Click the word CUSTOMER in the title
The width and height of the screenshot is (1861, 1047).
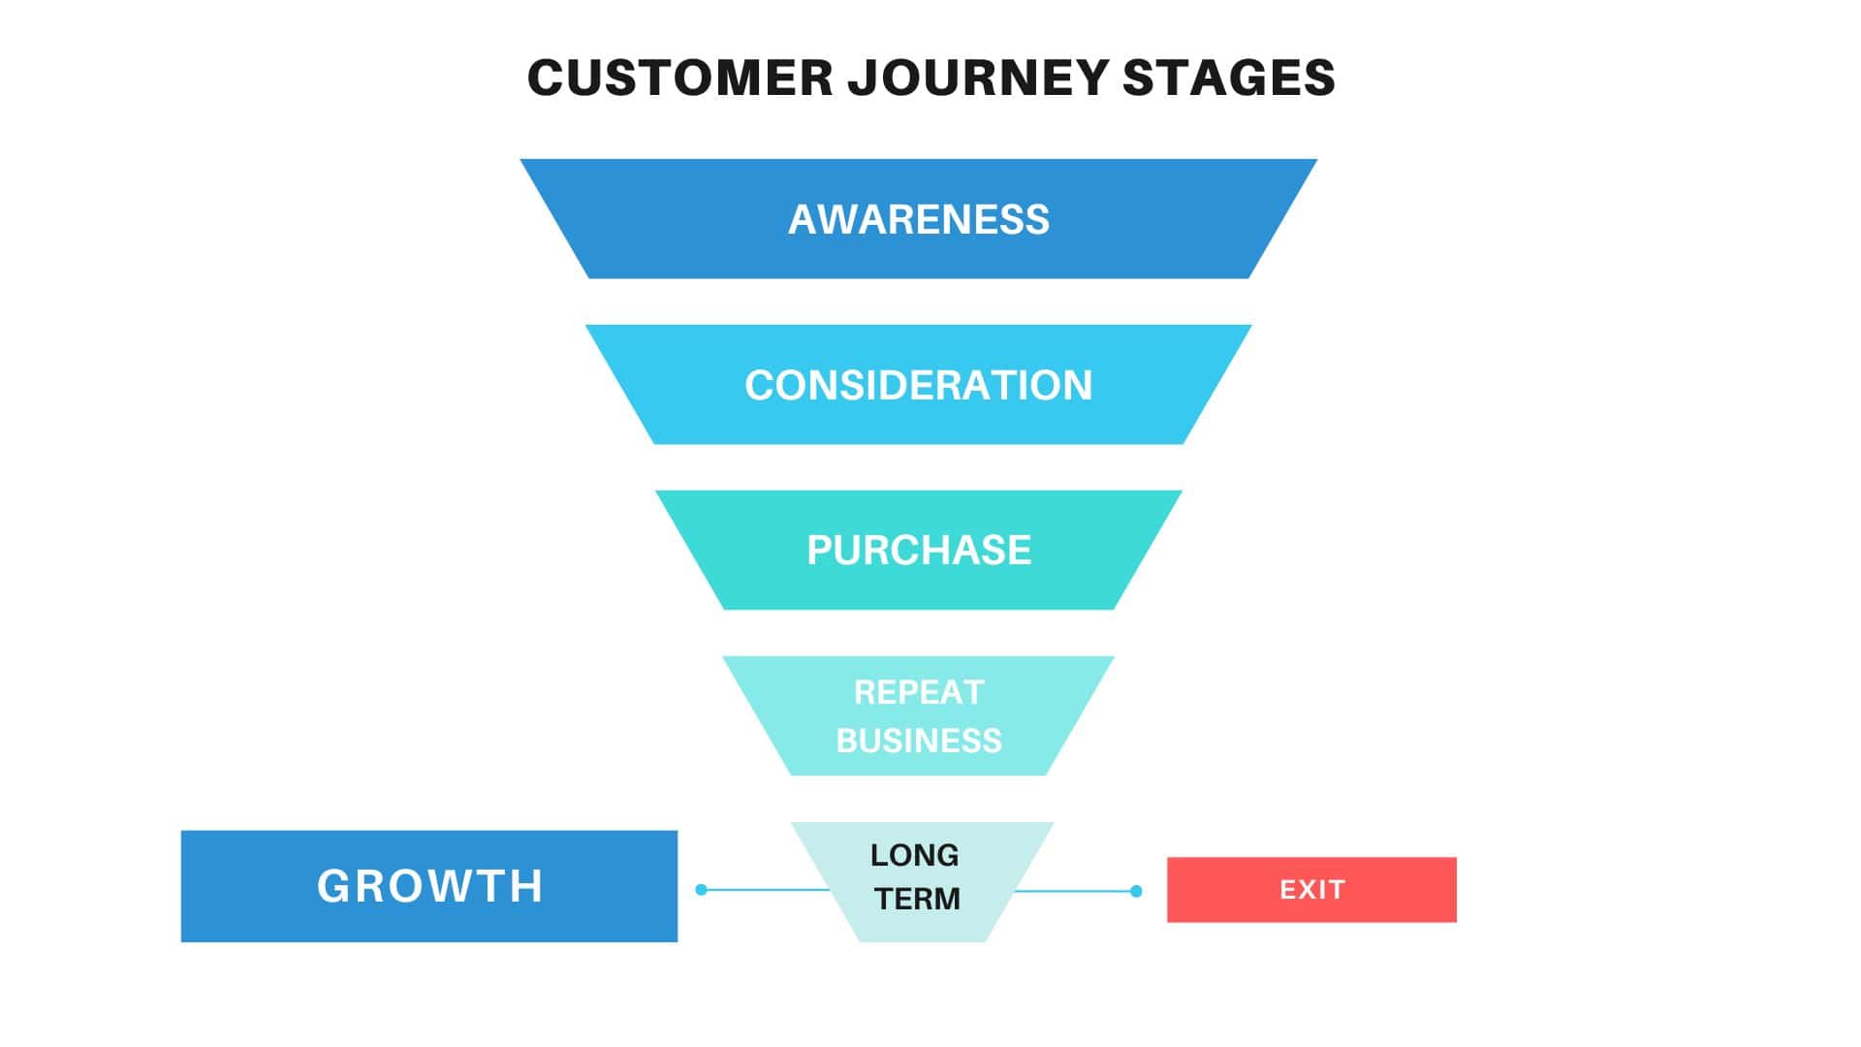coord(679,78)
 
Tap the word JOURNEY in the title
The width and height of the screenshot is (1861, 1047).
coord(978,78)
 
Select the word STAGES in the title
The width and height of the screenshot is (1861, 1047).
coord(1229,78)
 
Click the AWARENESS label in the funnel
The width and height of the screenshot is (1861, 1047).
coord(918,220)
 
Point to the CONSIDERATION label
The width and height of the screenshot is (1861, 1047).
coord(918,386)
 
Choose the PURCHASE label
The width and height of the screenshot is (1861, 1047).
coord(918,551)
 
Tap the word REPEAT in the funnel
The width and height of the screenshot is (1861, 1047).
coord(918,692)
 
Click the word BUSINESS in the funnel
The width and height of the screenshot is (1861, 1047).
coord(918,741)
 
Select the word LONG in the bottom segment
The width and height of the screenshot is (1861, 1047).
coord(914,855)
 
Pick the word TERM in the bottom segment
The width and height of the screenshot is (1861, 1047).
coord(917,899)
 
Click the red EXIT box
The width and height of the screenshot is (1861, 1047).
coord(1311,889)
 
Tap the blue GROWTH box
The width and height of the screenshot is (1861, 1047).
coord(429,886)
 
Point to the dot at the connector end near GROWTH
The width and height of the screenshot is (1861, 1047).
coord(702,889)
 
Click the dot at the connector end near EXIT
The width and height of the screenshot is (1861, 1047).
coord(1136,891)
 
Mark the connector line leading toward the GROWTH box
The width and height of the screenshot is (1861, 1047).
coord(766,889)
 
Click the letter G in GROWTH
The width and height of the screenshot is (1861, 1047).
coord(333,886)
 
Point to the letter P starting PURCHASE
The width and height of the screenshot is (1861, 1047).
coord(819,551)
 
